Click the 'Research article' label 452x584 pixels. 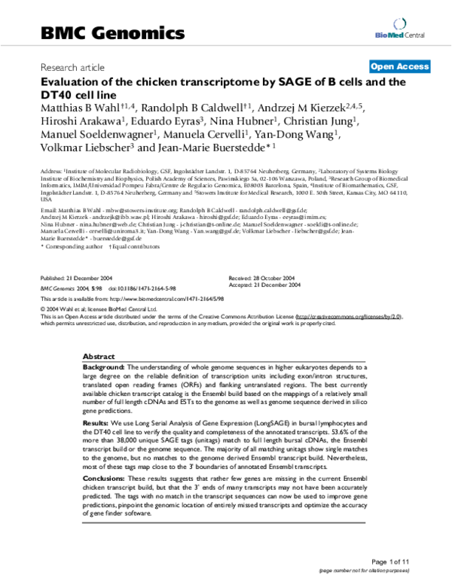tap(72, 66)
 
